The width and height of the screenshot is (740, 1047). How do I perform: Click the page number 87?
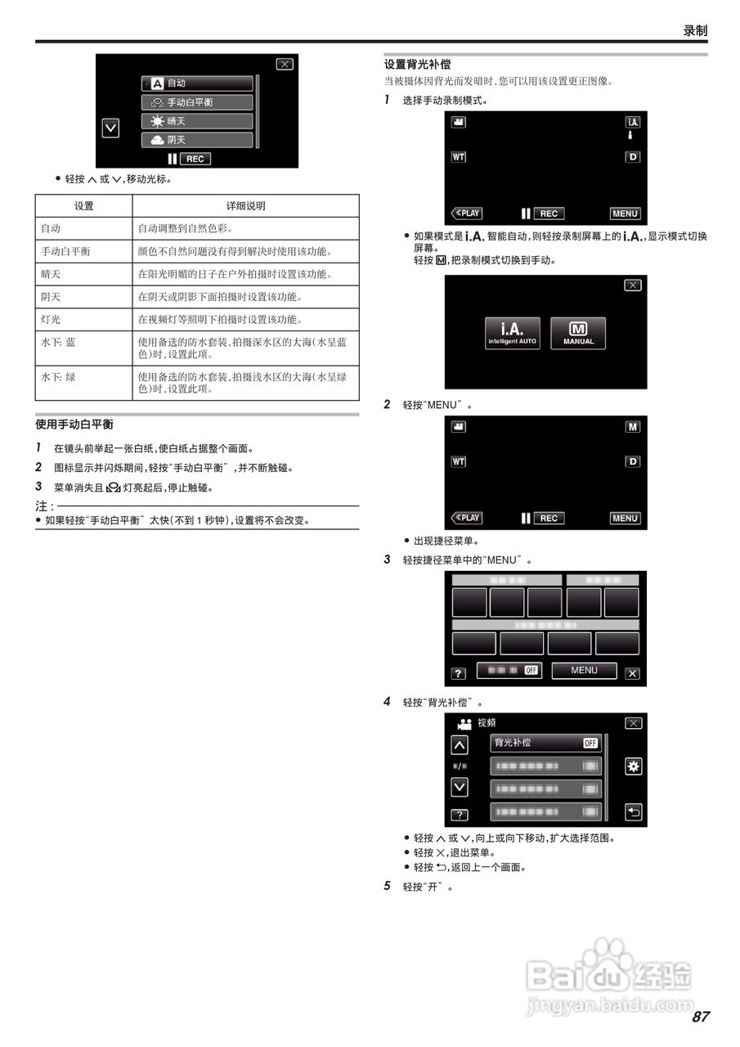700,1017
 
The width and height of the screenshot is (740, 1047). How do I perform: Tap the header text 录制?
695,30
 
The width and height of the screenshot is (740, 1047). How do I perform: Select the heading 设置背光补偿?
417,64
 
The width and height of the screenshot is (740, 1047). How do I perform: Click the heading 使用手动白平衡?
74,425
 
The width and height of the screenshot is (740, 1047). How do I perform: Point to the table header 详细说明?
245,206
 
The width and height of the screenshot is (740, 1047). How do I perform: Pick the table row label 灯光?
51,320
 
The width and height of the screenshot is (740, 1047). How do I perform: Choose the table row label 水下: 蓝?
58,343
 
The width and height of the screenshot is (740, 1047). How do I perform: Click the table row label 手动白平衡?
65,252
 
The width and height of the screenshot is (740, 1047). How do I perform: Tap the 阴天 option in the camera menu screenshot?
197,140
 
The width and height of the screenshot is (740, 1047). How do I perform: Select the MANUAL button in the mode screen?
578,333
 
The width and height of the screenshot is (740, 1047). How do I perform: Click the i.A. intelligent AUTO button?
513,333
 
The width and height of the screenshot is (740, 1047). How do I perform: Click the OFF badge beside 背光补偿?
590,744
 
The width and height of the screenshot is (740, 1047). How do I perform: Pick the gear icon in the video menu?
633,766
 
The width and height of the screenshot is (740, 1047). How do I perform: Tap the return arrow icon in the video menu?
633,812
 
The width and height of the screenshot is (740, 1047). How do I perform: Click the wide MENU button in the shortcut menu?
584,671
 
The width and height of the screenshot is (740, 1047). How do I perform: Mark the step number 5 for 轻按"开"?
388,886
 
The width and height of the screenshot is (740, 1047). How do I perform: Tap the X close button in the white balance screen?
284,65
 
